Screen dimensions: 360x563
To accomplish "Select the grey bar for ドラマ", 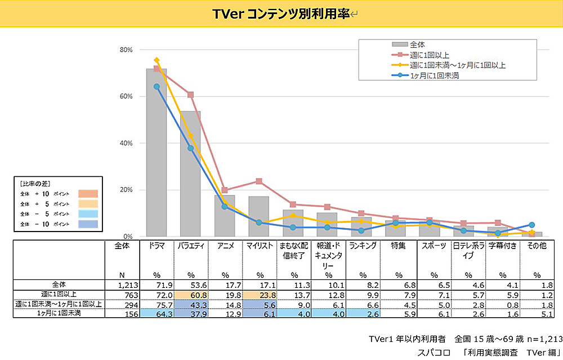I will coord(157,152).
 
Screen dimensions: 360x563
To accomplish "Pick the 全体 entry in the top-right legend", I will coord(417,44).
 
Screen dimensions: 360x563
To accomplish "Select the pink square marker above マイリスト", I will coord(259,181).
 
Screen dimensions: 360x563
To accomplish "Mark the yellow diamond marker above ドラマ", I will coord(157,60).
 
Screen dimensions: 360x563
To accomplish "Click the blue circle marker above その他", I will coord(532,225).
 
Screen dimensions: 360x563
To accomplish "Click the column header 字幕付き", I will coord(502,246).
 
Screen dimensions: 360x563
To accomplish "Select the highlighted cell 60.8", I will coord(191,295).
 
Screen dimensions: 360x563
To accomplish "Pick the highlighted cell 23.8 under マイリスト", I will coord(260,295).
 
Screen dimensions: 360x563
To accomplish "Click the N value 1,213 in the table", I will coord(121,285).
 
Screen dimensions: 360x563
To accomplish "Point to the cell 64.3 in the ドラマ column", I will coord(156,314).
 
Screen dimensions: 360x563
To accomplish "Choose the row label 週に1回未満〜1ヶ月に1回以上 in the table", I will coord(59,304).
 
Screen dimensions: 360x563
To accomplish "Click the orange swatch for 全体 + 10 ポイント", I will coord(88,194).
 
